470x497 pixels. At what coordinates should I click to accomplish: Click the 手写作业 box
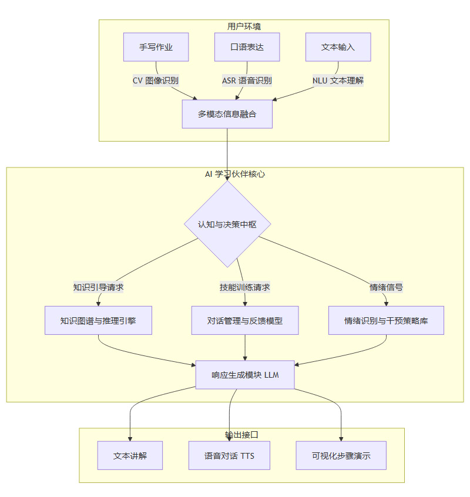(x=156, y=47)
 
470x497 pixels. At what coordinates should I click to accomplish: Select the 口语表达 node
(x=247, y=47)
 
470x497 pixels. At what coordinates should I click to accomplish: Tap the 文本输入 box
(x=338, y=47)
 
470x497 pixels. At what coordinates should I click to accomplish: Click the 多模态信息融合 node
(x=227, y=114)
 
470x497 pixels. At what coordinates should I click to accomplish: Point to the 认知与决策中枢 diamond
(x=227, y=224)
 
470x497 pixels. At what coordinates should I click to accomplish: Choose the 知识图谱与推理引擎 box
(x=98, y=321)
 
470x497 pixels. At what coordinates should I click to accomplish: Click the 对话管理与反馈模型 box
(x=245, y=321)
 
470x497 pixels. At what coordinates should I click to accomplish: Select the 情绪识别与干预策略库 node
(x=386, y=321)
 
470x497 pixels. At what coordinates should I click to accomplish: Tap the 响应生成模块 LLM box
(x=245, y=375)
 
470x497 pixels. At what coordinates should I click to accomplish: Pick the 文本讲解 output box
(x=130, y=456)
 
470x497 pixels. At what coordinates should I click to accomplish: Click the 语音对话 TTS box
(x=229, y=456)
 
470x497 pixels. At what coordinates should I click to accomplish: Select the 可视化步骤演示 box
(x=341, y=456)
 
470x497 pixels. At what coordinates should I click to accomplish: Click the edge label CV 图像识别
(x=156, y=80)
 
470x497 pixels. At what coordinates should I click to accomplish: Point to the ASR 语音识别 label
(x=247, y=80)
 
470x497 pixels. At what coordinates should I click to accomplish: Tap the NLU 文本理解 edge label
(x=338, y=80)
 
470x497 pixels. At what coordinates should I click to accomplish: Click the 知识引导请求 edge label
(x=98, y=287)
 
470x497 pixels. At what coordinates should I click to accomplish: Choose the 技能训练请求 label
(x=245, y=287)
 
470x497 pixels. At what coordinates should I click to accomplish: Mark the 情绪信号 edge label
(x=386, y=287)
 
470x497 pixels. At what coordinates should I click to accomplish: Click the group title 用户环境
(x=244, y=26)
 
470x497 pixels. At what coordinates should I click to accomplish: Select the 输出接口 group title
(x=241, y=435)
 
